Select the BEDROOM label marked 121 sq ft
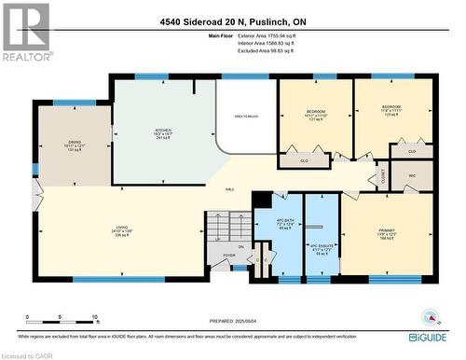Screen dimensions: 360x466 pos(316,115)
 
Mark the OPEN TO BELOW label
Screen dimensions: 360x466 pos(245,117)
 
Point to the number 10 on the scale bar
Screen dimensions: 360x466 pos(95,318)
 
